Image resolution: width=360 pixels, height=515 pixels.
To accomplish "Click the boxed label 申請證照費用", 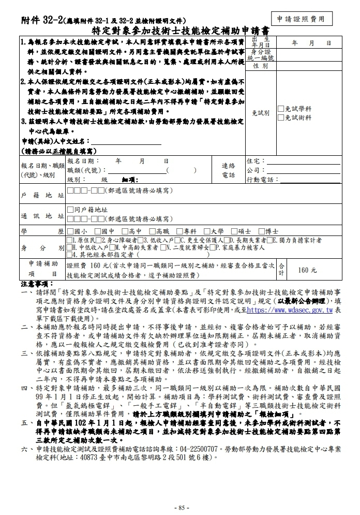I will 301,19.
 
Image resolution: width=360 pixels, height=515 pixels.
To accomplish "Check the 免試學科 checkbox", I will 280,109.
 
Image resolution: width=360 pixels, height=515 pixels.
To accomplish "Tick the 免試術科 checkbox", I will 280,117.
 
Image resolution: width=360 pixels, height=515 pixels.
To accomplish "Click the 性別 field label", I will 260,66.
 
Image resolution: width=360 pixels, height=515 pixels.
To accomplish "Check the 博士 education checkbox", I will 261,231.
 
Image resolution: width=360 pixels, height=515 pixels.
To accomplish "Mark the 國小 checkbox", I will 70,231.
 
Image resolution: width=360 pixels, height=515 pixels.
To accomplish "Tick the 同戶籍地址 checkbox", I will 70,210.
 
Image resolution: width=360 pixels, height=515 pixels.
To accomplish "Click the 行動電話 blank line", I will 310,180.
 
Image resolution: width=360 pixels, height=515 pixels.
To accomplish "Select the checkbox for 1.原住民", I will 69,241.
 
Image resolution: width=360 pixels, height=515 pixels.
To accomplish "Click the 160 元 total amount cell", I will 307,270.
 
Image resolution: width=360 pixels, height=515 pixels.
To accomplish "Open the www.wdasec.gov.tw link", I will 290,310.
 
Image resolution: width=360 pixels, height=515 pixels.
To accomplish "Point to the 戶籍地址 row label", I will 42,196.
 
